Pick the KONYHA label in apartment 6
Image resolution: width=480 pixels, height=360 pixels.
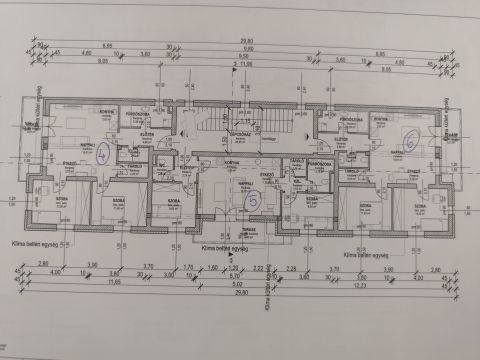pos(380,119)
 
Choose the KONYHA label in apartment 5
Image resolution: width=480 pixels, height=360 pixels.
pos(231,161)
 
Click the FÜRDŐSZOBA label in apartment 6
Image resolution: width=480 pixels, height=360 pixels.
pos(351,119)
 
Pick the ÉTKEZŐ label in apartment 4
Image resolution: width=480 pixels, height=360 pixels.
pos(70,163)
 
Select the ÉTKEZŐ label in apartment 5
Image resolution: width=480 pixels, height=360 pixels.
pos(268,174)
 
